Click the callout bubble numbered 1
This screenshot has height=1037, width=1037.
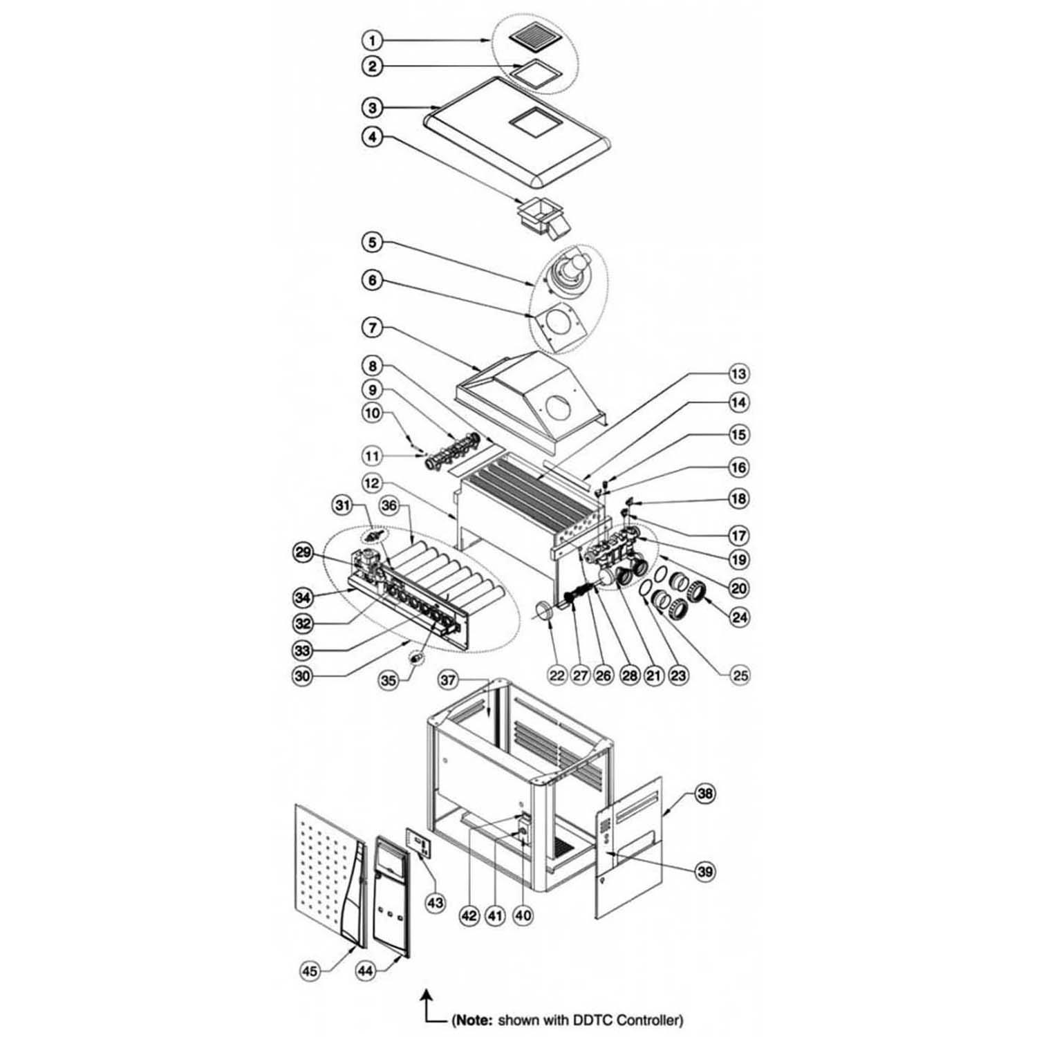click(x=373, y=41)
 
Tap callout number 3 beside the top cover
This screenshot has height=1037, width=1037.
click(x=373, y=107)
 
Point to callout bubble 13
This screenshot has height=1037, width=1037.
click(x=739, y=374)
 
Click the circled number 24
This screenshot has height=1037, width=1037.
click(x=740, y=617)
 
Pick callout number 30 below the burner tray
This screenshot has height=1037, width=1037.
click(x=302, y=676)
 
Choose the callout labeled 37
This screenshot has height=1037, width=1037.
click(x=449, y=680)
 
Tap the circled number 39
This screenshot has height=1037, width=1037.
click(x=704, y=872)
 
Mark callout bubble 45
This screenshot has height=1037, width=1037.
click(x=310, y=971)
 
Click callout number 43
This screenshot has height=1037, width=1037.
click(x=435, y=902)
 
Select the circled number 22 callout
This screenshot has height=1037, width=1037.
click(x=557, y=675)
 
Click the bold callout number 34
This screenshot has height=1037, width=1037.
click(x=302, y=597)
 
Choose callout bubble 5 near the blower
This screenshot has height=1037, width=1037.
click(x=373, y=243)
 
